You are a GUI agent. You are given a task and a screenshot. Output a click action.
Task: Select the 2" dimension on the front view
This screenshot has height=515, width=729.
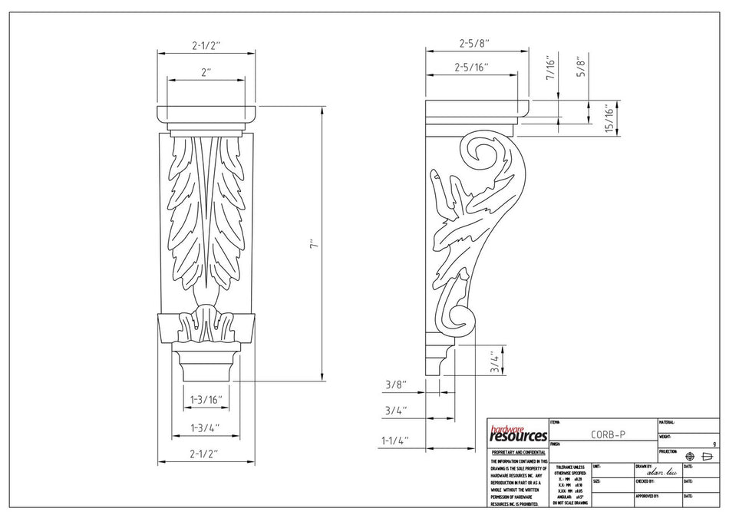(x=206, y=72)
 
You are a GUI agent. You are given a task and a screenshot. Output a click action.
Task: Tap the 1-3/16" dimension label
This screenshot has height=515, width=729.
(x=205, y=400)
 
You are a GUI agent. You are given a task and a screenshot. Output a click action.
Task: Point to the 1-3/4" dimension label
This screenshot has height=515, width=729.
(x=205, y=427)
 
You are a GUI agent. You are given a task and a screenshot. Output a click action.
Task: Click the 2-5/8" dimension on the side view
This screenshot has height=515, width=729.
(x=473, y=44)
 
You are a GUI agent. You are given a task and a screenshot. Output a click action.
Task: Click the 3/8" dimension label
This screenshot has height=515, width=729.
(x=395, y=385)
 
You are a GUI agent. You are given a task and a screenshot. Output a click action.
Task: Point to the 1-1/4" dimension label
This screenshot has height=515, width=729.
(x=395, y=441)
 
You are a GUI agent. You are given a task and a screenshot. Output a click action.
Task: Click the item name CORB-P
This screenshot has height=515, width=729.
(x=608, y=434)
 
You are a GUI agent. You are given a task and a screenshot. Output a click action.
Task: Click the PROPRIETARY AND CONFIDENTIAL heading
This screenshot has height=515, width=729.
(x=518, y=453)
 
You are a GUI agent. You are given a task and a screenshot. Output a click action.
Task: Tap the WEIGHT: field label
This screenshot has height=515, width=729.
(x=667, y=437)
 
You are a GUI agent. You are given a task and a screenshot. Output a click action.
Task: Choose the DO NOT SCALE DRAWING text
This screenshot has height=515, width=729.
(x=569, y=503)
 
